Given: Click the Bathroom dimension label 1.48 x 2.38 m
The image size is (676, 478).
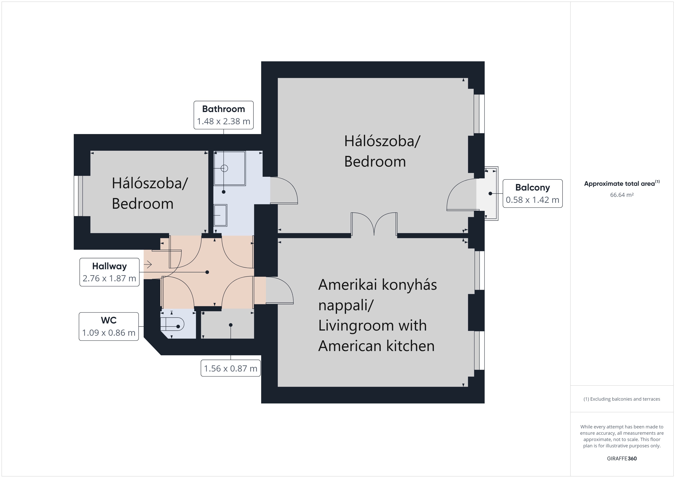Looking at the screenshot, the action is [x=223, y=121].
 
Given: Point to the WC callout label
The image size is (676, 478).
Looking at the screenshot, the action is [x=109, y=326].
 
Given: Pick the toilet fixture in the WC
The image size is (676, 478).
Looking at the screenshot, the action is [x=172, y=324].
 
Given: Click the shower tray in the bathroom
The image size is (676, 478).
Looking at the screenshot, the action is [x=230, y=168].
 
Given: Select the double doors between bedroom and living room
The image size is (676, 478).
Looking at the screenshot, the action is [x=374, y=224].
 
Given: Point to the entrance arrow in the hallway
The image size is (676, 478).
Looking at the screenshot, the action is [x=148, y=265].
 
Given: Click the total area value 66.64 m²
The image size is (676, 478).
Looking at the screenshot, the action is [x=622, y=195].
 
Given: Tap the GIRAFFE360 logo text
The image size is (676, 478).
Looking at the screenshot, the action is [x=622, y=458].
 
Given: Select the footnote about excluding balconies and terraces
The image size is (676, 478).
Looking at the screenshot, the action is [x=622, y=399].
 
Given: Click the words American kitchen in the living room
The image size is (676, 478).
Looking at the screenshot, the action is [x=376, y=345].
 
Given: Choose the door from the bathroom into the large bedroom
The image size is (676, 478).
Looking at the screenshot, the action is [x=284, y=190].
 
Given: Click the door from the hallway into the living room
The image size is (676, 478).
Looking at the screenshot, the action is [x=279, y=290].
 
